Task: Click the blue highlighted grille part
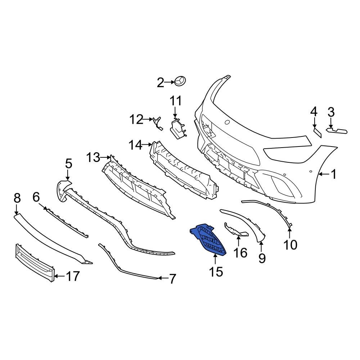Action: pyautogui.click(x=209, y=239)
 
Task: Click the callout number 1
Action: pyautogui.click(x=333, y=175)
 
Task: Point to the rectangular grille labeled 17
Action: pyautogui.click(x=34, y=261)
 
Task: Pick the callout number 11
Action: pyautogui.click(x=176, y=101)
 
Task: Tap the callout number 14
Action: pyautogui.click(x=136, y=145)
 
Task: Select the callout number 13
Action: pyautogui.click(x=93, y=157)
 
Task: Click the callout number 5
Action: pyautogui.click(x=68, y=164)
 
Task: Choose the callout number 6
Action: pyautogui.click(x=36, y=197)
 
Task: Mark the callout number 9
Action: pyautogui.click(x=262, y=258)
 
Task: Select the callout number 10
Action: pyautogui.click(x=290, y=245)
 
